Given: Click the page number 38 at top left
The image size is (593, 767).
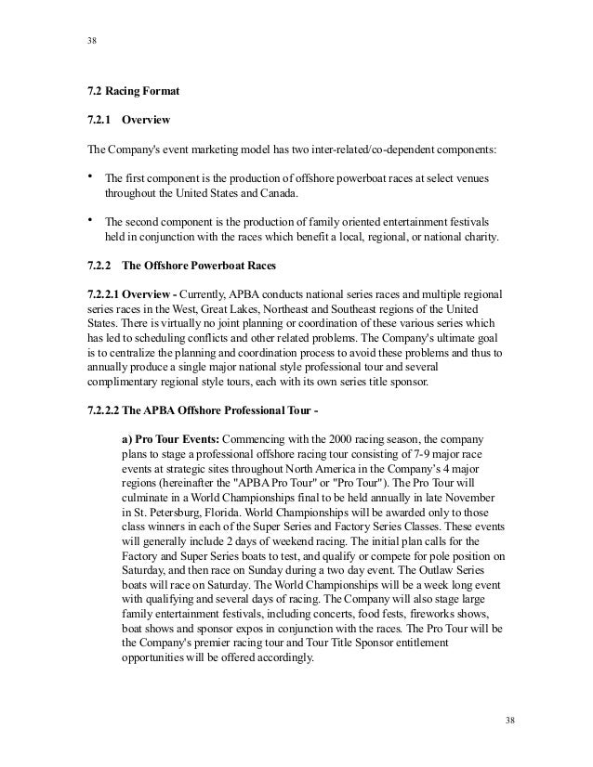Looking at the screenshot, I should tap(91, 41).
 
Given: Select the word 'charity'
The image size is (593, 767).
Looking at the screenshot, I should tap(476, 238).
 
